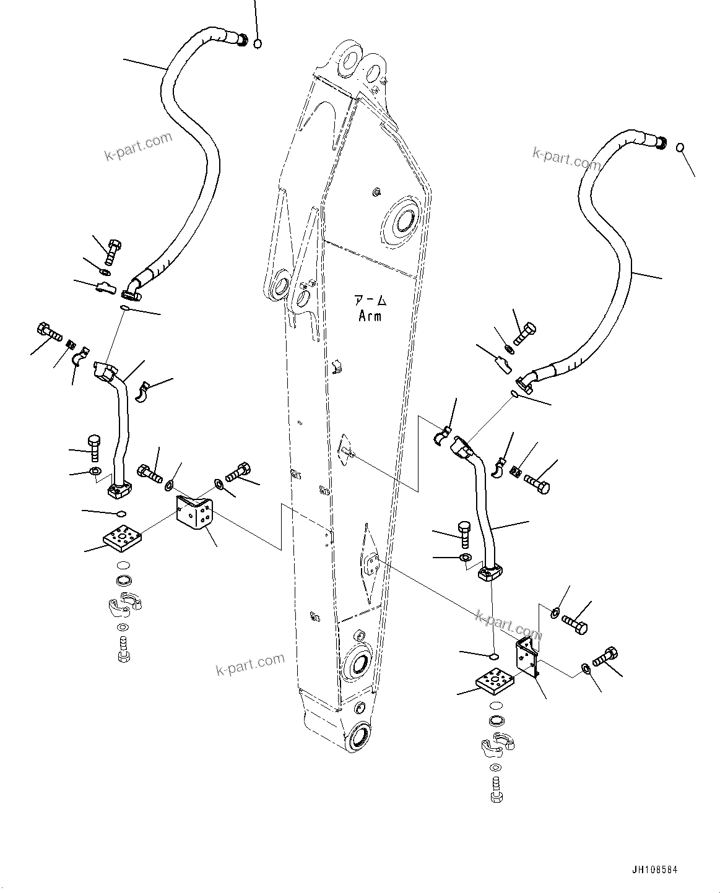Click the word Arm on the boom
tap(370, 316)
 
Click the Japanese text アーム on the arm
tap(370, 301)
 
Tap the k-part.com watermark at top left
tap(137, 147)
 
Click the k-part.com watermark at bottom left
tap(250, 665)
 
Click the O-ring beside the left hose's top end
tap(258, 43)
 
